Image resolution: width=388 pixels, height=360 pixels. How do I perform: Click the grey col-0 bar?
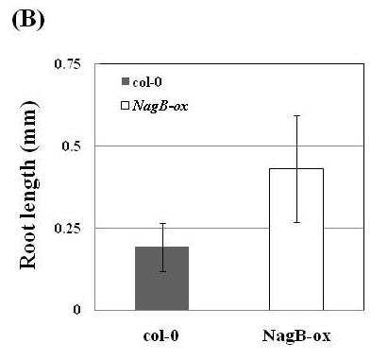pos(161,279)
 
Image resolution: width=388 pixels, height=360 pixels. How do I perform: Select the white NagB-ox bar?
pos(296,239)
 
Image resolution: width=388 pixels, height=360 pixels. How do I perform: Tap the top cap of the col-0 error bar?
pos(162,223)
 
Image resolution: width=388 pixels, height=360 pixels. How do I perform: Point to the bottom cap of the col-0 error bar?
pos(162,271)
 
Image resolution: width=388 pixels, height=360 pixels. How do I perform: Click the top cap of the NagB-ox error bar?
pos(296,116)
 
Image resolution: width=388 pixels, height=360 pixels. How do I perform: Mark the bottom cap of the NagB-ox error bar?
pos(296,222)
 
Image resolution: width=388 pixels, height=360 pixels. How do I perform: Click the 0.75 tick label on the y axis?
pos(67,64)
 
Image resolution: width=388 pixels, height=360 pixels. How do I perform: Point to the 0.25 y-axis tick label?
pos(67,229)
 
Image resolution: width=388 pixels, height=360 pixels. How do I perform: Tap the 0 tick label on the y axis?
pos(76,310)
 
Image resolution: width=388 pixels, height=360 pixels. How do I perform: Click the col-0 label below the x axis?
pos(160,335)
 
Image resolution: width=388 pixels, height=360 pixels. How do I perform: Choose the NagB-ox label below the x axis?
pos(296,335)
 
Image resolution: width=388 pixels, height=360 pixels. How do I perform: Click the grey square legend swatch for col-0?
pos(126,82)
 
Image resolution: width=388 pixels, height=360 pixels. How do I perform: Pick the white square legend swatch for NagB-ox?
pos(126,105)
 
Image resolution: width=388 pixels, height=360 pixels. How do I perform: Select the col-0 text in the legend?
pos(147,82)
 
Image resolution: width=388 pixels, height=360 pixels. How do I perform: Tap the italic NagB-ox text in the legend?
pos(160,106)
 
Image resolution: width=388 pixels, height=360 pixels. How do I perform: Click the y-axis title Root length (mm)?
pos(29,185)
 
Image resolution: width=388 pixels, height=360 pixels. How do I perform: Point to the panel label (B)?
pos(28,20)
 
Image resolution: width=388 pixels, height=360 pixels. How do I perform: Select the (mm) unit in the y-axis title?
pos(30,126)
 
